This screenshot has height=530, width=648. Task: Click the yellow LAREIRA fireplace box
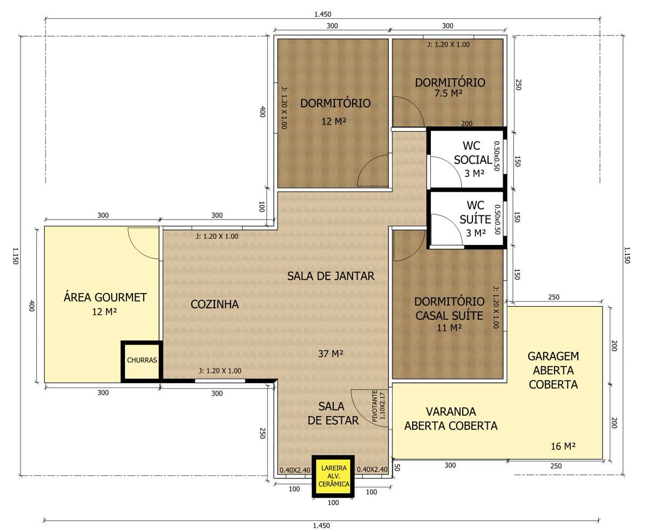coord(333,476)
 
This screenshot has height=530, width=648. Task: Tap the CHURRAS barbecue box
coord(141,361)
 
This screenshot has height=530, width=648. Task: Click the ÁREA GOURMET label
coord(105,297)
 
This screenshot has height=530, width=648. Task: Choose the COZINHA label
coord(214,304)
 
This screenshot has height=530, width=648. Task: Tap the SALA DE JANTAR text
coord(330,276)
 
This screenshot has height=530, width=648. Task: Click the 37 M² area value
coord(330,354)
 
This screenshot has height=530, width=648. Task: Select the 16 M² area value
coord(563,446)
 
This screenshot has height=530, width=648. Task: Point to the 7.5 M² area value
coord(448,93)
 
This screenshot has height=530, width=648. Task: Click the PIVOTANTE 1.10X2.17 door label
coord(378,405)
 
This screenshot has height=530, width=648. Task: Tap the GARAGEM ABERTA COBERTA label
coord(553,370)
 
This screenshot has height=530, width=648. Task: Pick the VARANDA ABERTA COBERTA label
coord(451,418)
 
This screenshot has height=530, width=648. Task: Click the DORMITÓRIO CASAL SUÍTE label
coord(449,308)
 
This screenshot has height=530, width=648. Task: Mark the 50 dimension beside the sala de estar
coord(397,468)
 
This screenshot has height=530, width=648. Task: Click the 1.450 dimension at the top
coord(322,14)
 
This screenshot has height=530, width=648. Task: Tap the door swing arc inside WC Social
coord(453,165)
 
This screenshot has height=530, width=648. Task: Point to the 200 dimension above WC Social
coord(467,124)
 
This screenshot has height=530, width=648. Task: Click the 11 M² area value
coord(449,328)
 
